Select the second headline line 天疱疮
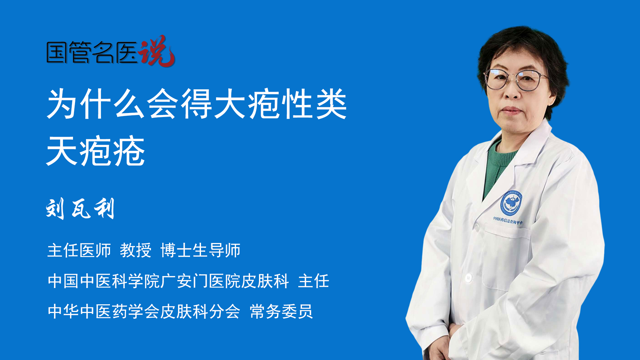tap(96, 151)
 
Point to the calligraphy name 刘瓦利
tap(80, 209)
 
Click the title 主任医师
tap(79, 250)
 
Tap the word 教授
tap(136, 250)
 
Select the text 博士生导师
tap(200, 250)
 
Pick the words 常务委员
tap(281, 312)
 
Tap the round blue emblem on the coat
tap(511, 203)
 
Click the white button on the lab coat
tap(468, 277)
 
